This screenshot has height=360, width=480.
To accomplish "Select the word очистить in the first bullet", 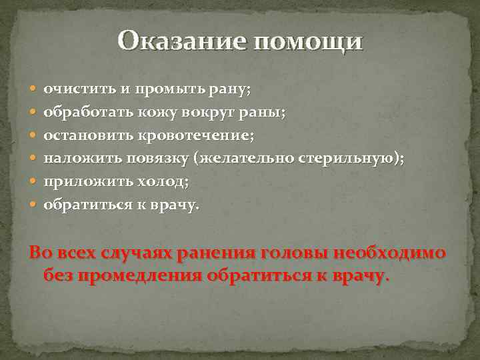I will pyautogui.click(x=75, y=89).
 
